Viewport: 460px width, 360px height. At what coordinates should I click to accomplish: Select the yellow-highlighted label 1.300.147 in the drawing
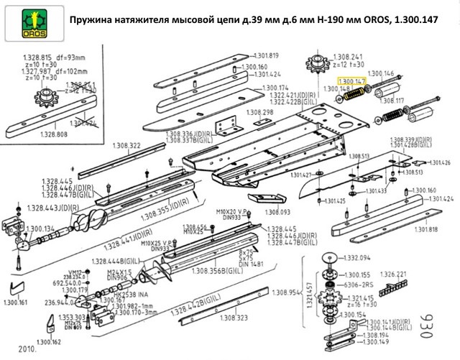pos(352,83)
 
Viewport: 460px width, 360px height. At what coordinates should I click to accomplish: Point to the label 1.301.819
pos(266,55)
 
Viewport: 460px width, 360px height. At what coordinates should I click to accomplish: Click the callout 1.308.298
pos(259,113)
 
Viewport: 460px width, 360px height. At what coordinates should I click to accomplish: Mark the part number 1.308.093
pos(276,212)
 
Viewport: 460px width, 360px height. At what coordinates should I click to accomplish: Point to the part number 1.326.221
pos(392,274)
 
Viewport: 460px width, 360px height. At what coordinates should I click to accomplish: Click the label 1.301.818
pos(424,229)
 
